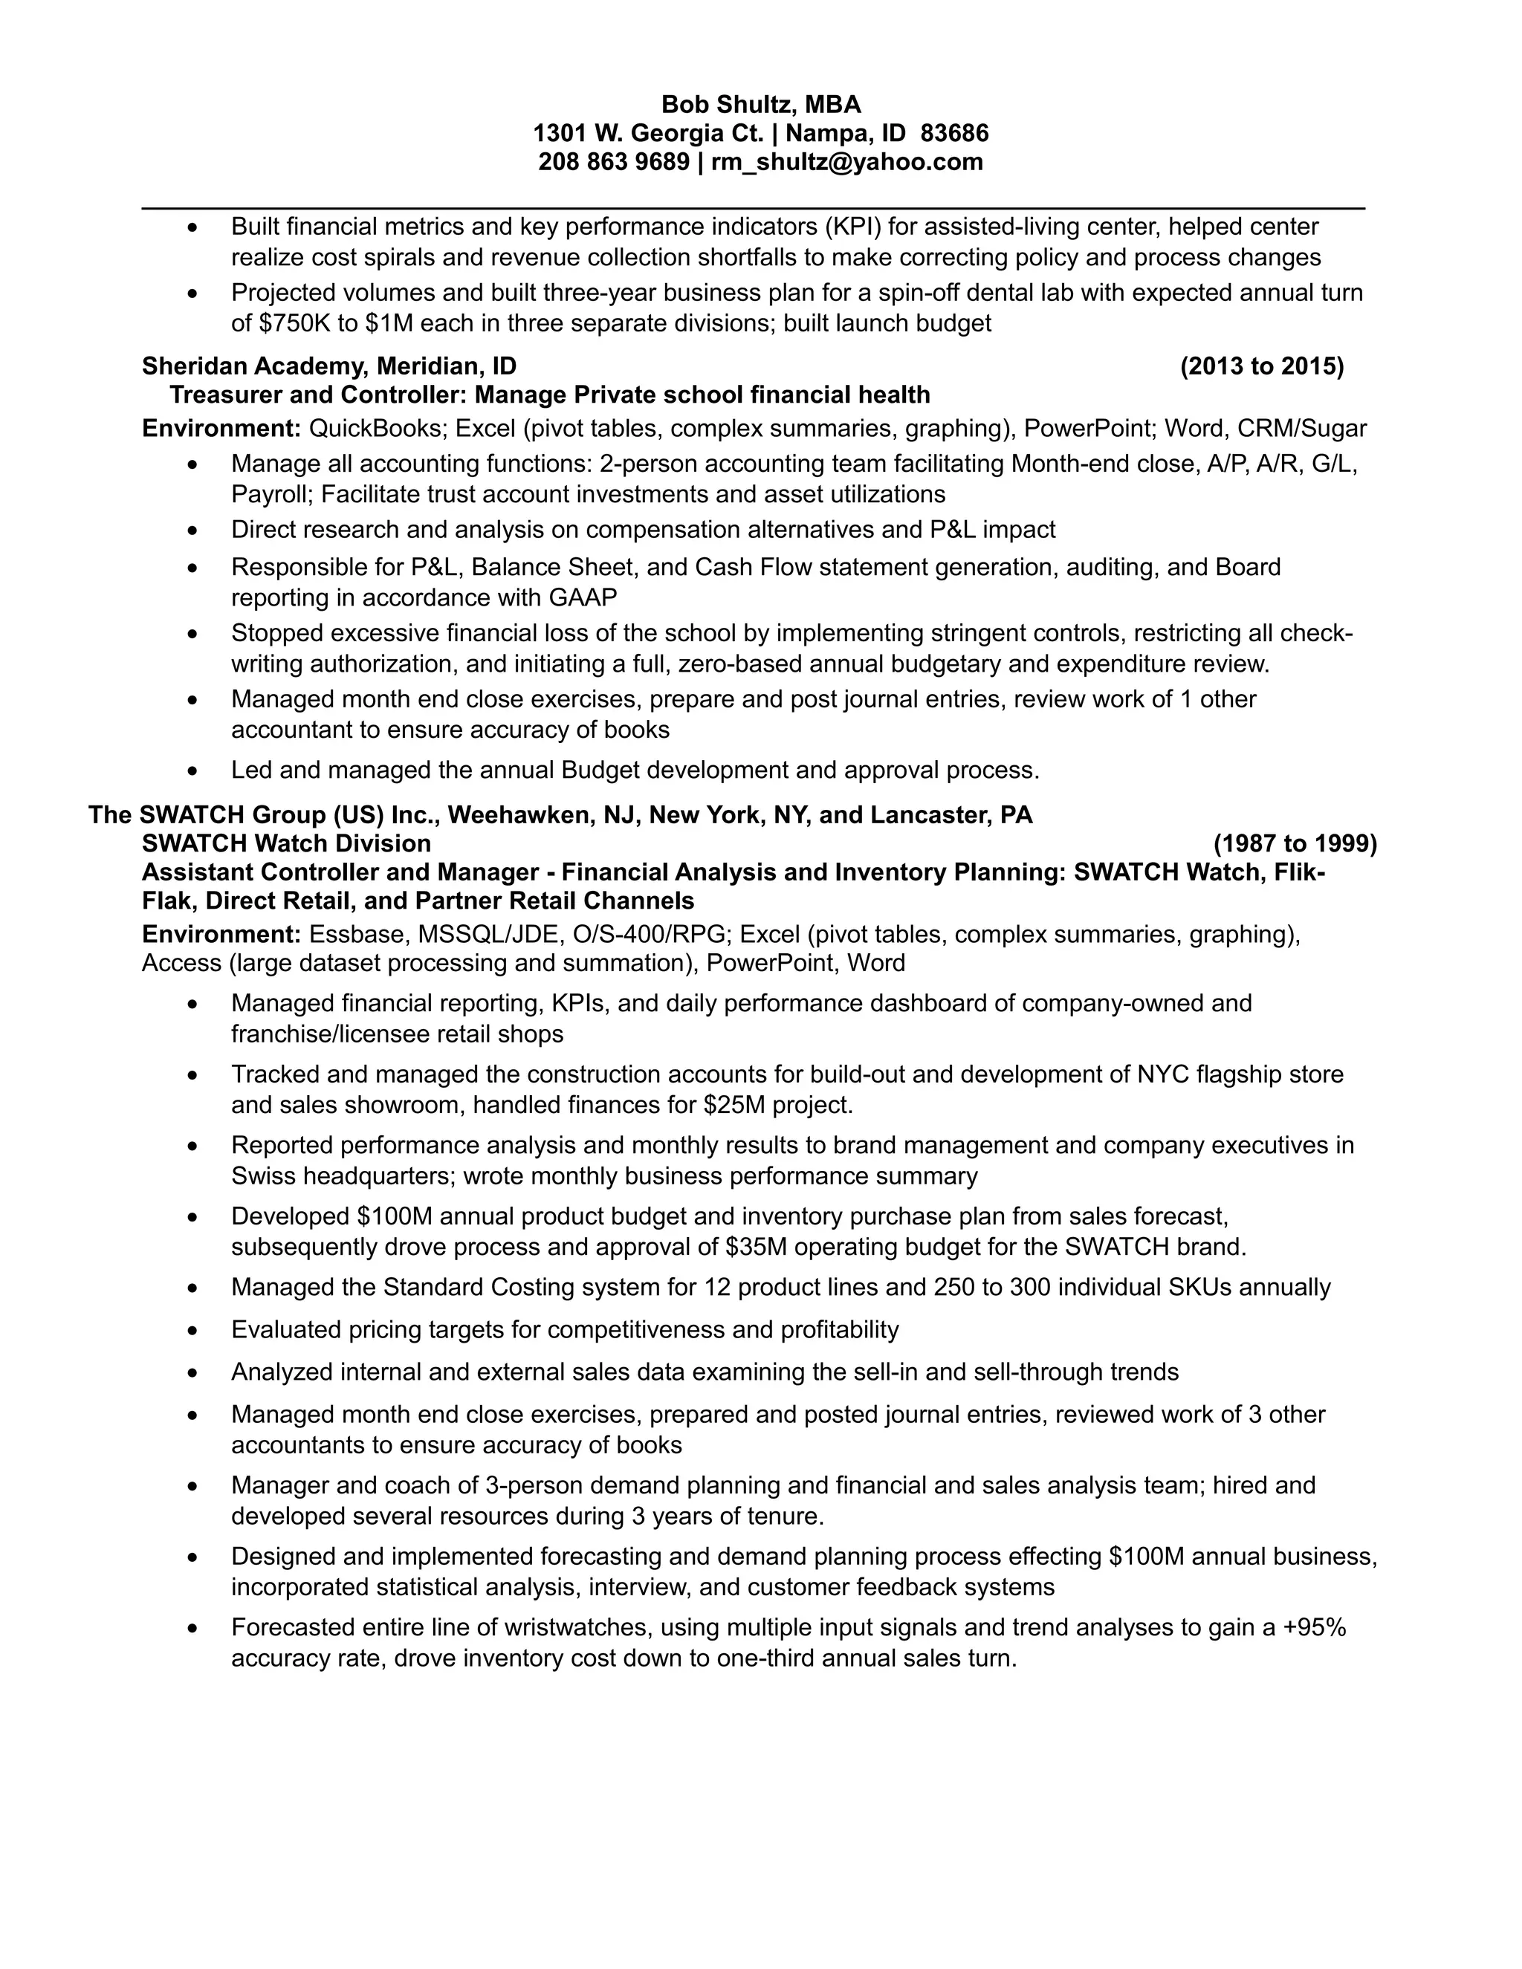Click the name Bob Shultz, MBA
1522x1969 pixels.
[x=760, y=105]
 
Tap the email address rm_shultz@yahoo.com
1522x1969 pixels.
[x=846, y=162]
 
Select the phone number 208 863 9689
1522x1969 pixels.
[x=613, y=162]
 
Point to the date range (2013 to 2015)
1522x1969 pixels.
[x=1261, y=366]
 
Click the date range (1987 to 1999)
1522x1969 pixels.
[x=1295, y=844]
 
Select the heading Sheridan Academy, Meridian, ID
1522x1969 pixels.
[x=329, y=366]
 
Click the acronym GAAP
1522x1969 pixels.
[x=583, y=597]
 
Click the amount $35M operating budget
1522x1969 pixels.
[x=756, y=1247]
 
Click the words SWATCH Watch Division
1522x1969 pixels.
[x=286, y=844]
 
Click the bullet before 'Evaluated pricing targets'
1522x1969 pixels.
[x=192, y=1331]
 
